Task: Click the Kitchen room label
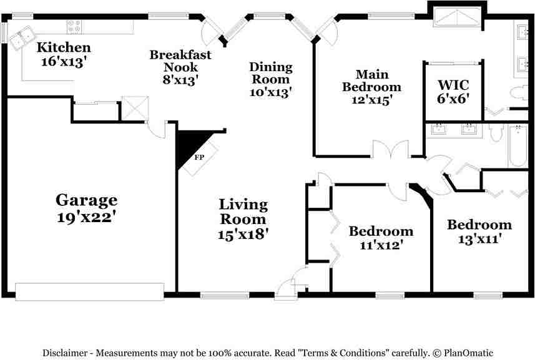pyautogui.click(x=63, y=47)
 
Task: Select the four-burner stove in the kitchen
pyautogui.click(x=75, y=26)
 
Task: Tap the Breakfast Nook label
pyautogui.click(x=180, y=61)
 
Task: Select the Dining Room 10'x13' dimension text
pyautogui.click(x=270, y=91)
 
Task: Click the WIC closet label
pyautogui.click(x=453, y=84)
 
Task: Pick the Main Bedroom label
pyautogui.click(x=371, y=80)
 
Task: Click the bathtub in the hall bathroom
pyautogui.click(x=518, y=147)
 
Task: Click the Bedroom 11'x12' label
pyautogui.click(x=381, y=231)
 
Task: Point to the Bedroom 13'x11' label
pyautogui.click(x=479, y=225)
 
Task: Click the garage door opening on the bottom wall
pyautogui.click(x=89, y=291)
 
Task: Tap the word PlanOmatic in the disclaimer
pyautogui.click(x=468, y=353)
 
